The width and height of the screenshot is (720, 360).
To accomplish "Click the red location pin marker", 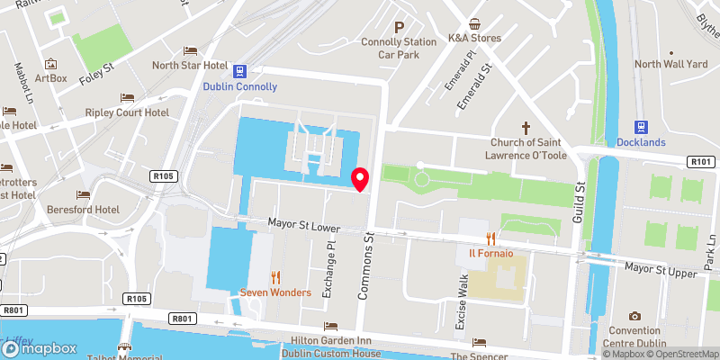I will click(360, 178).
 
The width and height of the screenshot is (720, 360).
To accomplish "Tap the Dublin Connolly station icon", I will click(240, 71).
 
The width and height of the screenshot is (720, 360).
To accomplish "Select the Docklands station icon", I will click(643, 128).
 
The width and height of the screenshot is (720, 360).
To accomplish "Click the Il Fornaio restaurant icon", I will click(490, 238).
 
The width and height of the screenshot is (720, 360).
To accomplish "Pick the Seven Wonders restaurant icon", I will click(276, 277).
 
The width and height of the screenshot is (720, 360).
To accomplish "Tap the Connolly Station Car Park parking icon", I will click(399, 26).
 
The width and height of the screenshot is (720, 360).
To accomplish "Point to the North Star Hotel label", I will click(189, 65).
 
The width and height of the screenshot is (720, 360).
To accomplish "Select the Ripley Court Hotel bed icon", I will click(127, 97).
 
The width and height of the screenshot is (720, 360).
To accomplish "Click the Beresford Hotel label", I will click(83, 209).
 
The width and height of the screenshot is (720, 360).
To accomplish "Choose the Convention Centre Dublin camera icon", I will click(635, 316).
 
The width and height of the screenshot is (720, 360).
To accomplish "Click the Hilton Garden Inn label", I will click(330, 340).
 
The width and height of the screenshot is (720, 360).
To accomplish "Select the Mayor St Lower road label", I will click(302, 226).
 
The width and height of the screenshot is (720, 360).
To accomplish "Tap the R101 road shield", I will click(702, 161).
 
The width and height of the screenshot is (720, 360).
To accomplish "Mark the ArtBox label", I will click(51, 78).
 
